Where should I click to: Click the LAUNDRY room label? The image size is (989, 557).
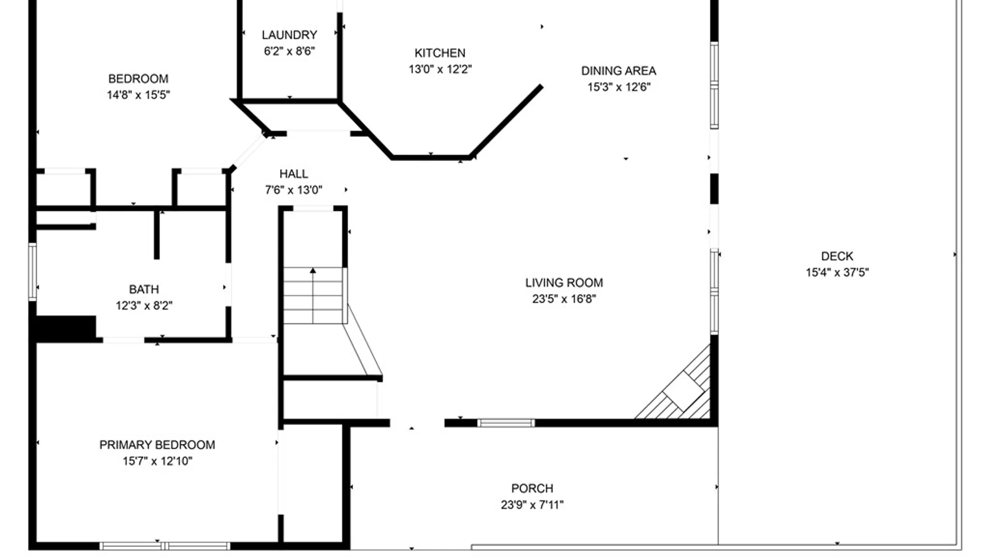click(289, 35)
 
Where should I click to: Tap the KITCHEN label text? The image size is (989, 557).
click(440, 53)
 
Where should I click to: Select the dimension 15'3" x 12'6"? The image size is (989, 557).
click(619, 87)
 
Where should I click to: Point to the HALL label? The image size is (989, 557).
click(294, 174)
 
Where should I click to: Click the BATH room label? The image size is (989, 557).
click(144, 289)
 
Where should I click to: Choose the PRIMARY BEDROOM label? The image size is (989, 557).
click(157, 445)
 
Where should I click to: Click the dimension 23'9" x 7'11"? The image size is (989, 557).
click(532, 505)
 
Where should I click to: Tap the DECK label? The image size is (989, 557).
click(837, 256)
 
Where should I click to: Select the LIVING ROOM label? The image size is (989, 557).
click(564, 283)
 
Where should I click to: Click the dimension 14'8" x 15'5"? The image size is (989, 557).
click(138, 95)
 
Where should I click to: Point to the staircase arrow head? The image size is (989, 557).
click(313, 270)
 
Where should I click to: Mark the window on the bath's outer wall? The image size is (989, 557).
click(32, 272)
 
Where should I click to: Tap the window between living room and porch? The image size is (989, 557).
click(506, 423)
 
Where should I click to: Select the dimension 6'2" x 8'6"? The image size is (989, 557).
click(289, 51)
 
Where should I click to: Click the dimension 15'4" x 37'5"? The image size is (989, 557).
click(837, 272)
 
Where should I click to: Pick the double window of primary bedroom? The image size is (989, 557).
click(165, 546)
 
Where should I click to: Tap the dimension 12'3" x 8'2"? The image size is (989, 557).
click(144, 306)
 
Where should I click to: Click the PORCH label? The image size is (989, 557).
click(532, 488)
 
